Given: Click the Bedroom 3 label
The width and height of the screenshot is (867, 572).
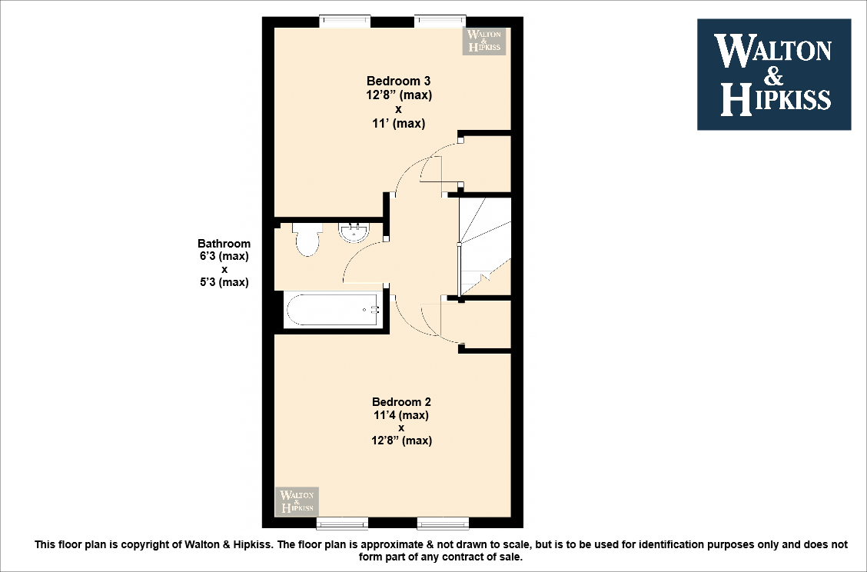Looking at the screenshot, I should click(x=398, y=81).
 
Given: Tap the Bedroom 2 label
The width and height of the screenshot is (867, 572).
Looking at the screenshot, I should click(x=401, y=401).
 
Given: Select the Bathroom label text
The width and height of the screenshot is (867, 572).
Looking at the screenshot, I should click(x=224, y=244).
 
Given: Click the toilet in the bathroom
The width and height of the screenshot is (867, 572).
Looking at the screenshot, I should click(x=306, y=239).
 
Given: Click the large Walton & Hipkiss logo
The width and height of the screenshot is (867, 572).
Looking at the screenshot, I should click(x=773, y=74).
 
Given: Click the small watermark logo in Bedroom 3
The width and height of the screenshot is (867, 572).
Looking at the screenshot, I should click(x=484, y=41).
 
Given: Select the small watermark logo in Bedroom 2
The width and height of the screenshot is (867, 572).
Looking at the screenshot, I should click(x=297, y=501).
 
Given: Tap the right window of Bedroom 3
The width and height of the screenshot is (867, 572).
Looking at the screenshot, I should click(x=440, y=22).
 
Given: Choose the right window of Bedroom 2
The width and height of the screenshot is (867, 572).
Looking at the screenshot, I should click(x=442, y=524).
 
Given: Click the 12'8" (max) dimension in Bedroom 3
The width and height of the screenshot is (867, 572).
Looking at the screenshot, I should click(x=399, y=96).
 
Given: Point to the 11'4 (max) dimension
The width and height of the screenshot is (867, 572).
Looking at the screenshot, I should click(x=400, y=415).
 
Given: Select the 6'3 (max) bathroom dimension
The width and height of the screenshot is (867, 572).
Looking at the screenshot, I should click(x=224, y=256).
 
